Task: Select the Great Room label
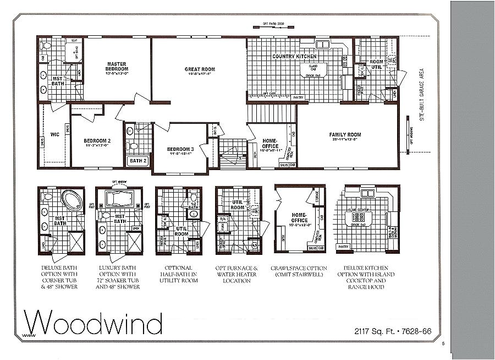pyautogui.click(x=199, y=70)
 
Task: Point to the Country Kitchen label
pyautogui.click(x=294, y=56)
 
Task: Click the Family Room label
pyautogui.click(x=345, y=135)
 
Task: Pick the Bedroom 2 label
pyautogui.click(x=97, y=141)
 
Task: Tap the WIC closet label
pyautogui.click(x=54, y=134)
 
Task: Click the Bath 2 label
pyautogui.click(x=137, y=161)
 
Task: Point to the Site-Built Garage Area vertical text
pyautogui.click(x=422, y=99)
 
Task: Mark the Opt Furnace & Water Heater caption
pyautogui.click(x=238, y=274)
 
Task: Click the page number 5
pyautogui.click(x=443, y=345)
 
